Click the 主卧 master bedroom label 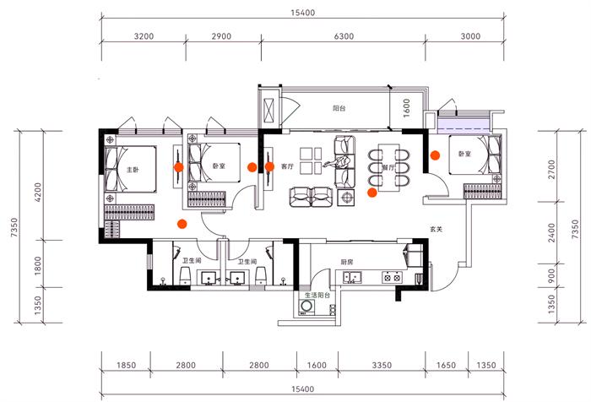[x=132, y=171]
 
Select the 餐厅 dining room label [x=389, y=167]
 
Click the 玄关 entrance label [x=436, y=229]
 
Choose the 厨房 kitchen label [x=347, y=262]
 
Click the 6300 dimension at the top [x=344, y=36]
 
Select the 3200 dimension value [x=144, y=36]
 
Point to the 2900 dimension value [x=222, y=36]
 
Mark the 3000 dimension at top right [x=470, y=36]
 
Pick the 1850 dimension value [x=126, y=365]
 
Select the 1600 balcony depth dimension [x=406, y=108]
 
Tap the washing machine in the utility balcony [x=306, y=310]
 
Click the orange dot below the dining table [x=372, y=192]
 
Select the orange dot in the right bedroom [x=435, y=155]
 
